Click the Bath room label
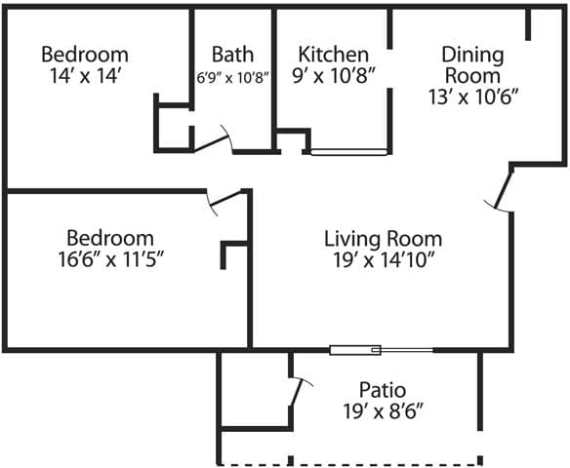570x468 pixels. (x=232, y=55)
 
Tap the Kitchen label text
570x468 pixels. (x=334, y=55)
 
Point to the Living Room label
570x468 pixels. (x=383, y=238)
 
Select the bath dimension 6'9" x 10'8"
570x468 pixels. (x=232, y=76)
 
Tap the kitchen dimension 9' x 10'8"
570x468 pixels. (x=334, y=75)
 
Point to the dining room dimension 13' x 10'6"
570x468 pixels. (x=472, y=97)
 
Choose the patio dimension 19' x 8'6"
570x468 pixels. (x=383, y=411)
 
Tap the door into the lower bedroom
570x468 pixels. (x=224, y=199)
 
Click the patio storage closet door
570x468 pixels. (x=298, y=395)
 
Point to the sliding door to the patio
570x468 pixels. (x=381, y=349)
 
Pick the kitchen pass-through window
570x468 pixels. (x=348, y=152)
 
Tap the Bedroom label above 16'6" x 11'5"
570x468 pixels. (x=109, y=237)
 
